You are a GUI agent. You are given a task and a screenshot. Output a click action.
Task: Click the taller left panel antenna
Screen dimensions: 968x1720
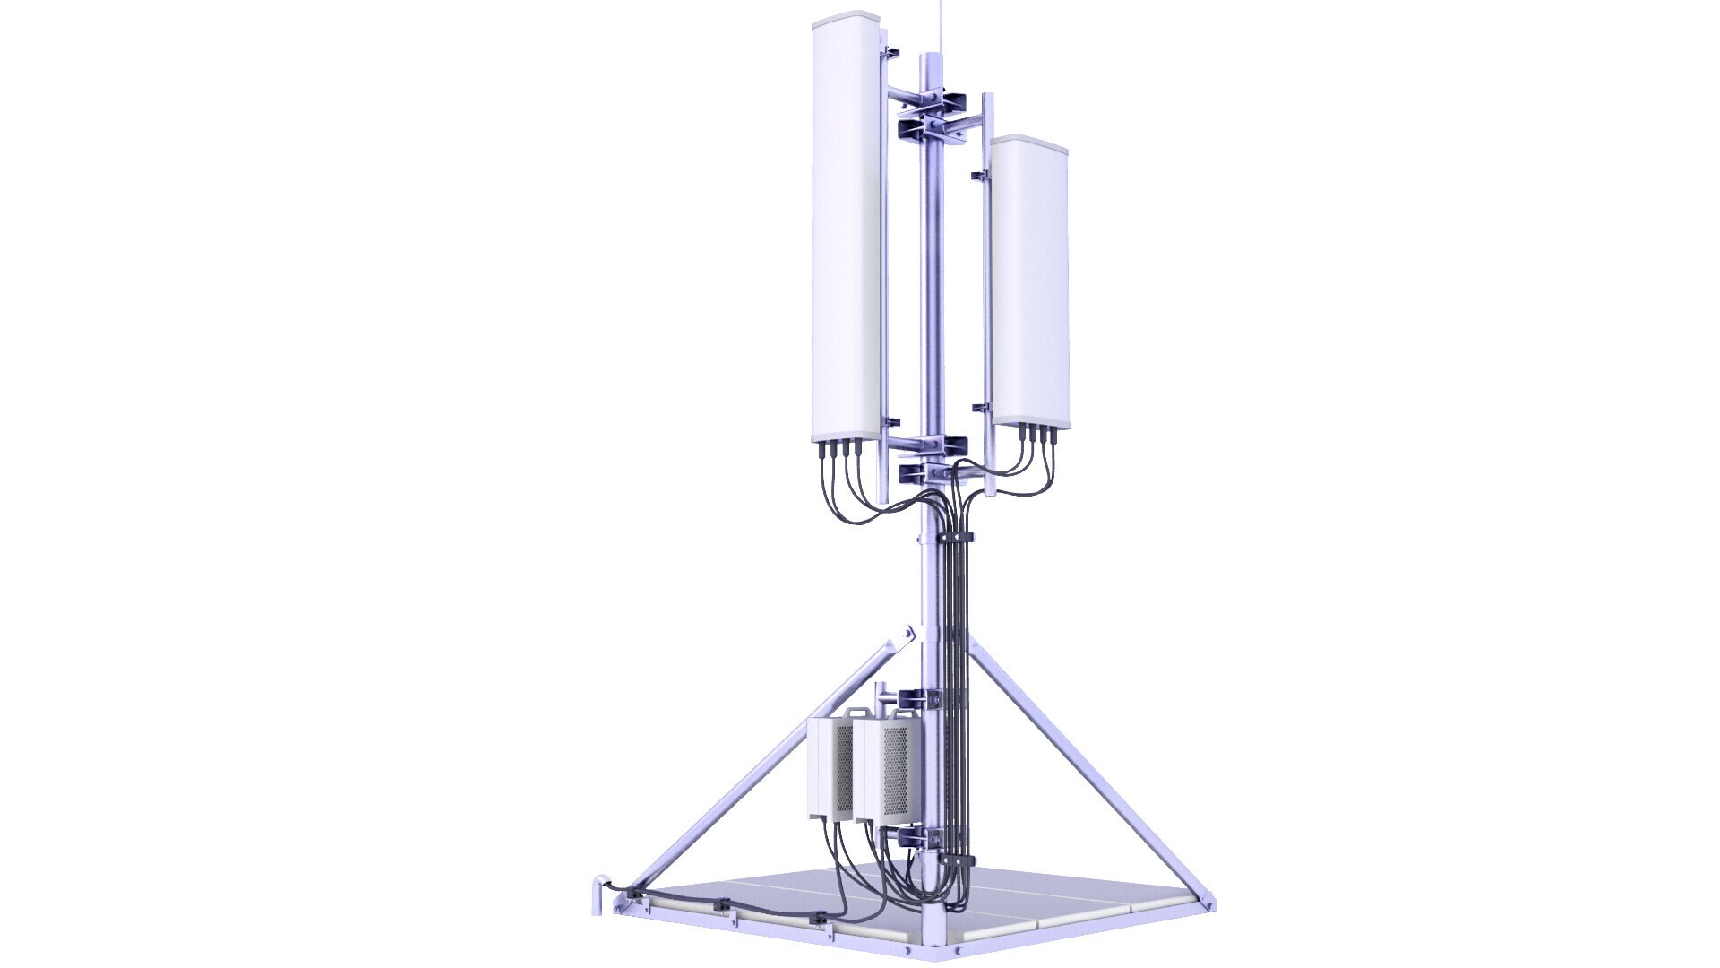tap(847, 233)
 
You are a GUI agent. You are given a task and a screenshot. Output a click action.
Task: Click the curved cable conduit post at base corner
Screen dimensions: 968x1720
tap(599, 896)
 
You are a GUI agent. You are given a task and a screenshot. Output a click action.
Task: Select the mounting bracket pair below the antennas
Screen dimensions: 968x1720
tap(933, 457)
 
